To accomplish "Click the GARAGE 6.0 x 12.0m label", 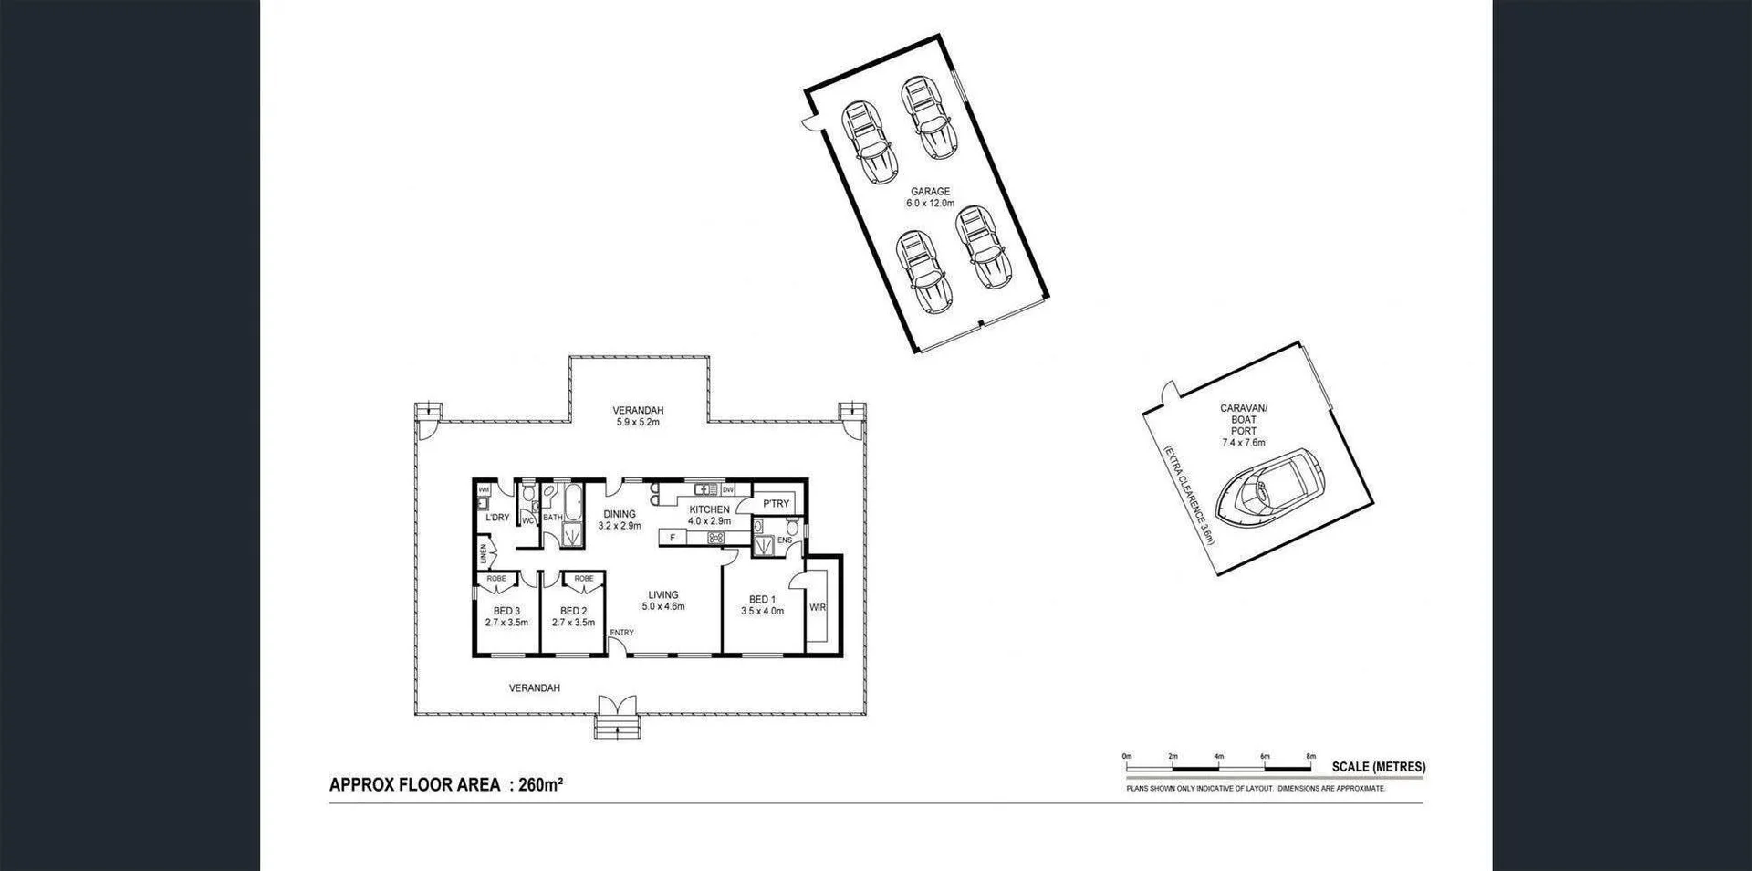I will click(x=930, y=197).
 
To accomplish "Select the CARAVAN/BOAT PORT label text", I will click(x=1244, y=425).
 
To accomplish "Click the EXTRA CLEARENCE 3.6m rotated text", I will click(x=1189, y=494).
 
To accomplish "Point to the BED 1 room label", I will click(x=762, y=605).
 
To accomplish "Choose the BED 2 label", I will click(x=573, y=616).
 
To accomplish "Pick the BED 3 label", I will click(x=506, y=616).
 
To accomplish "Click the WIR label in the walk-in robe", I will click(x=817, y=607).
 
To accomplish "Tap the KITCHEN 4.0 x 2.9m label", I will click(x=709, y=515).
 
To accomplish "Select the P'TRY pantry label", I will click(x=776, y=504).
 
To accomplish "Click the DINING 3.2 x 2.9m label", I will click(x=620, y=519).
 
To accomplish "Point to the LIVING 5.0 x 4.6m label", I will click(x=663, y=600).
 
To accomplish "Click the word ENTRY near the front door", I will click(x=621, y=633).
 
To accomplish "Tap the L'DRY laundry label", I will click(x=497, y=518).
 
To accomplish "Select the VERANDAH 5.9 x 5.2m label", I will click(x=638, y=415).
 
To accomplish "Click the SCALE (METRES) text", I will click(x=1378, y=767).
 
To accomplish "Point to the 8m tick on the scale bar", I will click(x=1310, y=757).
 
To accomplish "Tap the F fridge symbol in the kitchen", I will click(x=673, y=538).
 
